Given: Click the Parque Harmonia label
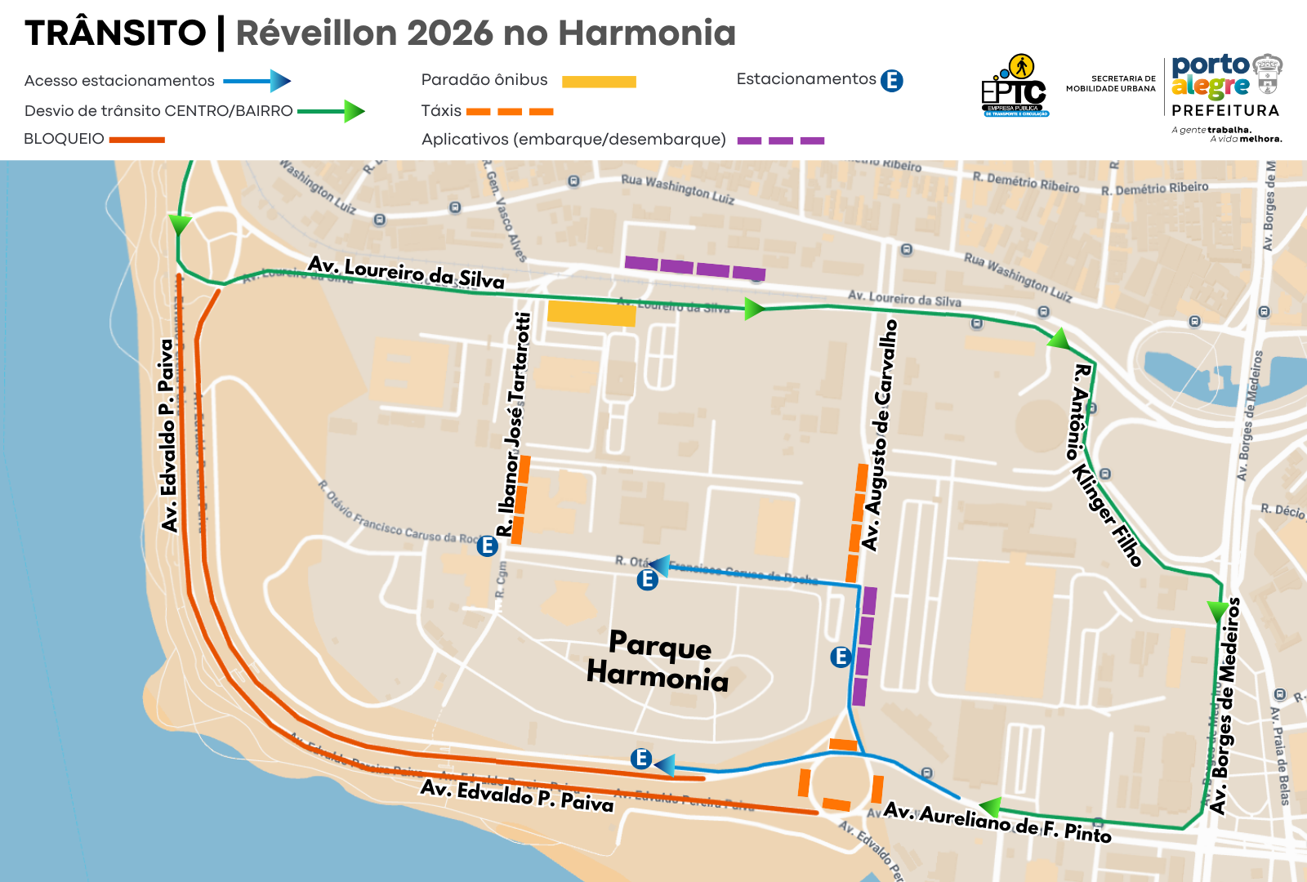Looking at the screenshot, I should point(658,661).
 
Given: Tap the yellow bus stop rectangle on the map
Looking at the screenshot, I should point(591,314).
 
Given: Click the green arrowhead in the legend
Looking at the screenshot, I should point(354,111).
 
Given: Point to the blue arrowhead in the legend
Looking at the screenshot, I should point(280,81).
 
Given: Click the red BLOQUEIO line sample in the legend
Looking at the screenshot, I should point(137,140).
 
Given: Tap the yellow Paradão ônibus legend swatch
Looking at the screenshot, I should point(599,82).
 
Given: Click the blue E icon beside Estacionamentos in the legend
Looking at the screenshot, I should point(892,81).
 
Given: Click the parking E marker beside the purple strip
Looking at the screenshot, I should point(841,657).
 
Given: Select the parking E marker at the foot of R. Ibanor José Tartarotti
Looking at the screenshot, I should point(488,546).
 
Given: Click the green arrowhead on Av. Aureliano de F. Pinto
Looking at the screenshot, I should point(990,808).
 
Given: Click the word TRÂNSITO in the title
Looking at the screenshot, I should point(115,33).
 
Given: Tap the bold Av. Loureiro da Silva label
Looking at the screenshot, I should point(406,273).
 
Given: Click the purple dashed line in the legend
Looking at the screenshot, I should point(780,140).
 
